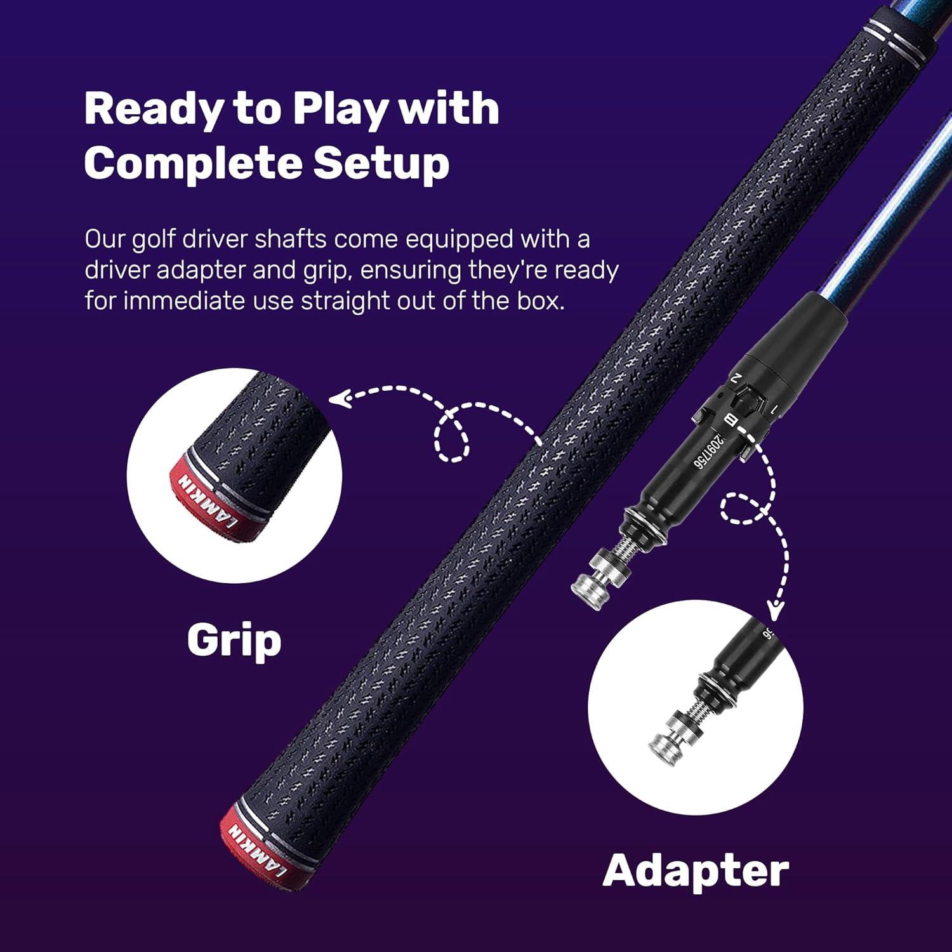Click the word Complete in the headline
(x=192, y=163)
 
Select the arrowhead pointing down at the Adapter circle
(x=774, y=611)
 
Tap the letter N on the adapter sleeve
(x=736, y=378)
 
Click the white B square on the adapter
(x=731, y=420)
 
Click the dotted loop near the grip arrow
(x=452, y=438)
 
